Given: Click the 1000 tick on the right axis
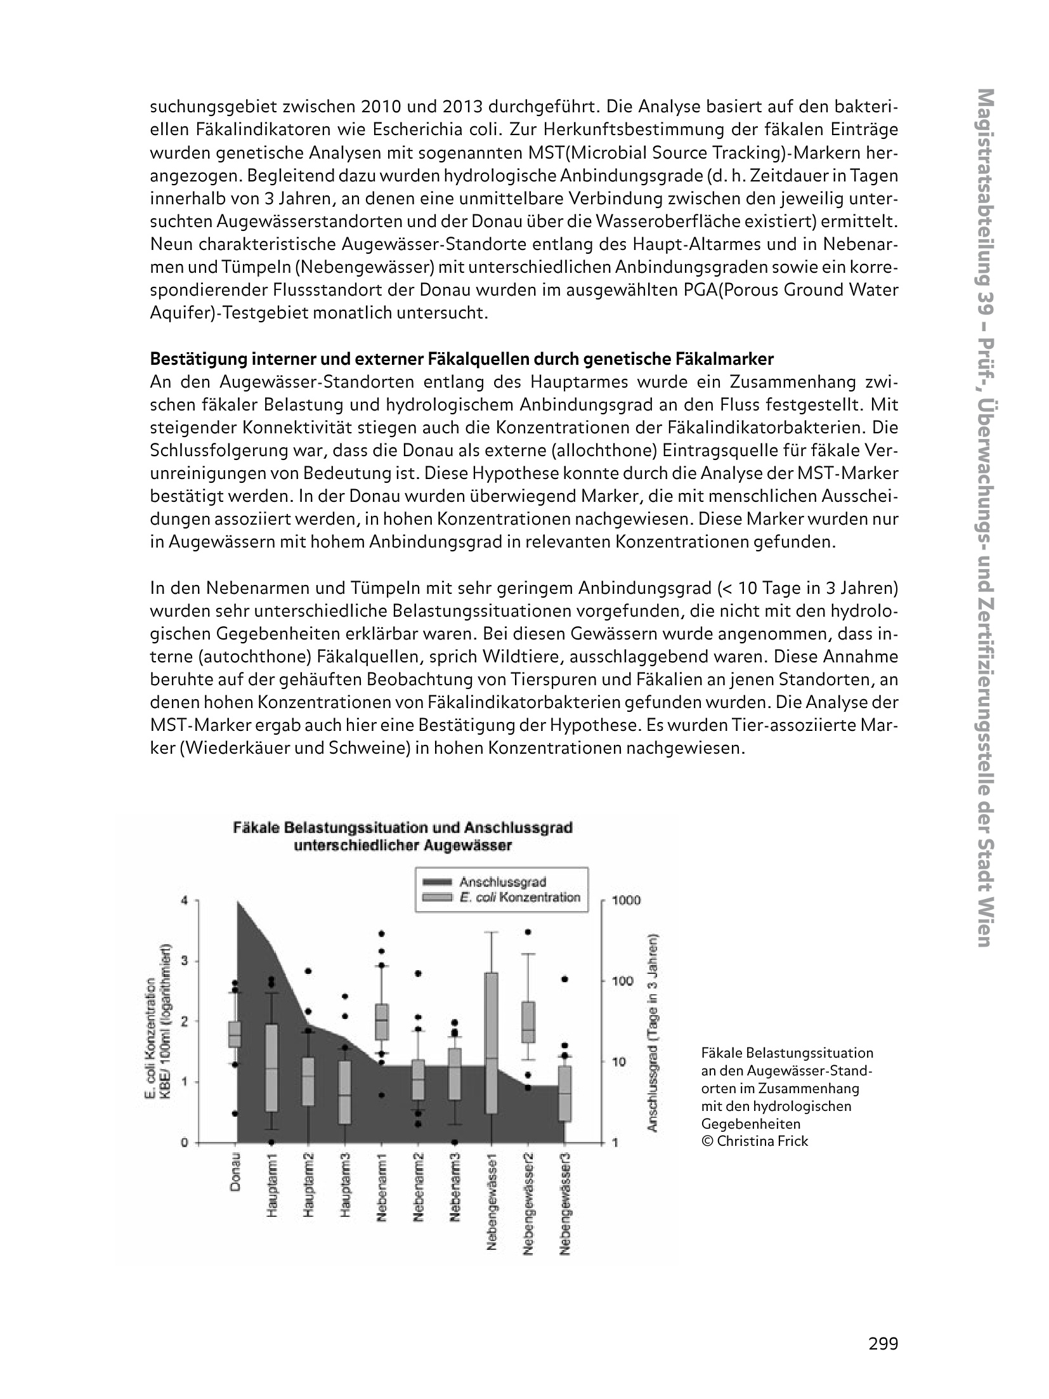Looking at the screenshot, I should tap(629, 900).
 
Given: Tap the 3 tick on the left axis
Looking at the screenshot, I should tap(185, 961).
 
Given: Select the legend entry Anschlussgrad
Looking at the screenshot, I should tap(503, 881).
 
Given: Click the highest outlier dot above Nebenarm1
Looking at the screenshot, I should tap(382, 933).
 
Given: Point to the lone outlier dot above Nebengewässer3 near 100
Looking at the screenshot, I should tap(565, 979).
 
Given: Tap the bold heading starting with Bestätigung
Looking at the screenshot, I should tap(461, 359).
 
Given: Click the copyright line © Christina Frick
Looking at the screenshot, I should tap(754, 1141).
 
